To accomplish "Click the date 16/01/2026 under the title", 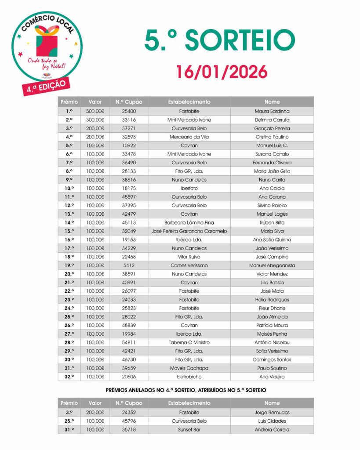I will click(x=222, y=72).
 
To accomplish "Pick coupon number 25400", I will click(x=129, y=111).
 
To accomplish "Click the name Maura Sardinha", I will click(x=272, y=111).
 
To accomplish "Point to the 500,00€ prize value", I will click(x=95, y=111).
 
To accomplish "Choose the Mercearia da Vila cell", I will click(x=189, y=137).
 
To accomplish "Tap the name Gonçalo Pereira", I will click(x=272, y=128).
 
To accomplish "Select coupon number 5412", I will click(x=129, y=265).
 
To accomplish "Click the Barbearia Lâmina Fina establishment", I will click(x=189, y=222).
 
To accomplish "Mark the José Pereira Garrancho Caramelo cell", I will click(x=189, y=231).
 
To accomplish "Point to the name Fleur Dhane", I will click(x=272, y=308).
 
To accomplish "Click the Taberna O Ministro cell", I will click(x=189, y=342).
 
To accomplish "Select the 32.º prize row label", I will click(x=69, y=377).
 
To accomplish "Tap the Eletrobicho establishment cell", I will click(x=189, y=377).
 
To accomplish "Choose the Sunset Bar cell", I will click(x=189, y=429).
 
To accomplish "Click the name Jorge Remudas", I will click(x=272, y=412).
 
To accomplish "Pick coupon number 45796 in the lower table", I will click(x=129, y=421).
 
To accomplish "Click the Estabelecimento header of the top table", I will click(x=189, y=102).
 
